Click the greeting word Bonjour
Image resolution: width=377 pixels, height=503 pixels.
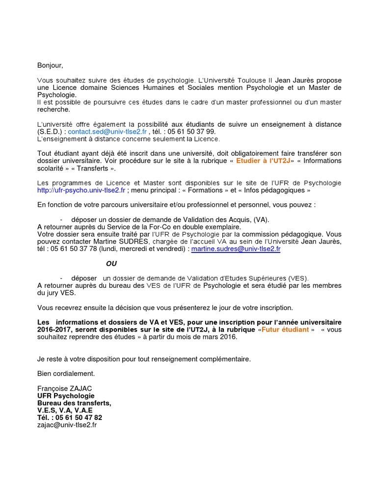[50, 65]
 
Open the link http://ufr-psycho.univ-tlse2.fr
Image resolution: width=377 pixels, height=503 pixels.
[81, 190]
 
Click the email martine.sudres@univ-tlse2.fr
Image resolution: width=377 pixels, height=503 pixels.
[236, 249]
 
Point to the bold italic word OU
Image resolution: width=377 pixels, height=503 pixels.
[111, 264]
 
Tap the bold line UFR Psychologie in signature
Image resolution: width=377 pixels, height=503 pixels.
[66, 396]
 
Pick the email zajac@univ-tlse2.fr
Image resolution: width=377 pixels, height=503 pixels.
[67, 425]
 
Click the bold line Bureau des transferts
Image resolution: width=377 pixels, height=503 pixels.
[74, 403]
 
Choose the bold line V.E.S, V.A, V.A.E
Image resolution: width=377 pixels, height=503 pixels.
[65, 411]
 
